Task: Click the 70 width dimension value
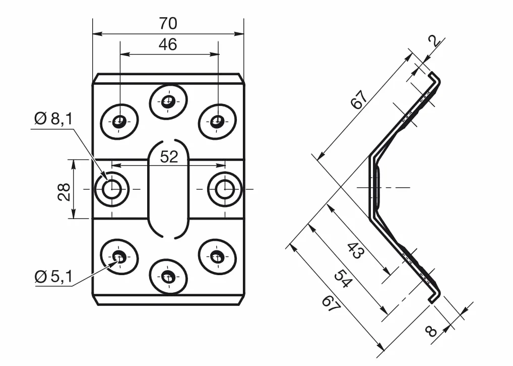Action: pos(168,23)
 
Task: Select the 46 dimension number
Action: pos(168,44)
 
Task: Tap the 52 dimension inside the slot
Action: pos(169,156)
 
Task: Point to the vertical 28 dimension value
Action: pos(64,192)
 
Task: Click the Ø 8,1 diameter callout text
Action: pos(53,118)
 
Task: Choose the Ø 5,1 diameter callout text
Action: pos(53,277)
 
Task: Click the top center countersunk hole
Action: pos(168,100)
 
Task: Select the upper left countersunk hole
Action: pos(119,122)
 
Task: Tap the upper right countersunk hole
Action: pos(217,122)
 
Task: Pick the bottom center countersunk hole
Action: pos(168,277)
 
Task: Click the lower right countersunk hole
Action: pos(217,256)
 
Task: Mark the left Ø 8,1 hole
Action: pos(112,189)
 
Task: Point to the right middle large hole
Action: pos(225,189)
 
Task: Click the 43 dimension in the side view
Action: pos(355,250)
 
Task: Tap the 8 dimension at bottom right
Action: pos(431,331)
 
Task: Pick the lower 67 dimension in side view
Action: pos(331,303)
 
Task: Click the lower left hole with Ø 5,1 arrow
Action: pos(119,256)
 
